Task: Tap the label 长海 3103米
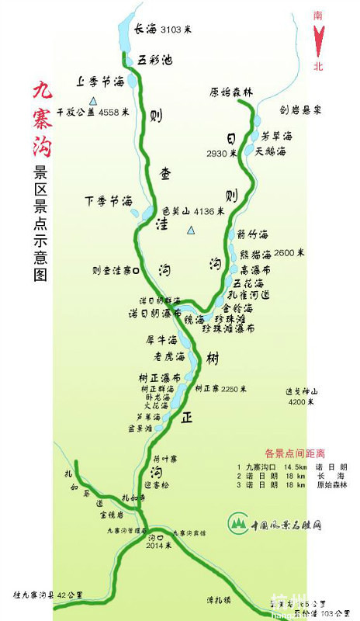(164, 30)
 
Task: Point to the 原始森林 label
(231, 92)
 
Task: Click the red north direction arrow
(318, 40)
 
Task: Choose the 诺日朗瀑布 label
(154, 314)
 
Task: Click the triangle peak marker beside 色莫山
(192, 231)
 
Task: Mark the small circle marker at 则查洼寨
(136, 271)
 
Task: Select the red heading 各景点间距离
(295, 453)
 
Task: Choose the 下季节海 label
(108, 201)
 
